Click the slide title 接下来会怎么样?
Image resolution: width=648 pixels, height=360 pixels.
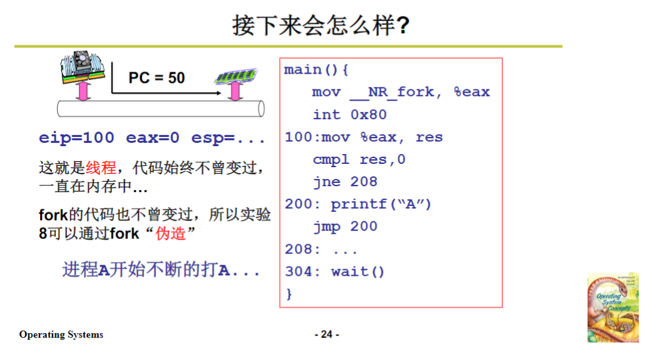pyautogui.click(x=321, y=26)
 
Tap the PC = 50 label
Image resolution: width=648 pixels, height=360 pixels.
pyautogui.click(x=157, y=78)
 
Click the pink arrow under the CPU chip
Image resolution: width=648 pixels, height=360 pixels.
pyautogui.click(x=82, y=91)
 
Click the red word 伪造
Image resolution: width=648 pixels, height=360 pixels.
pyautogui.click(x=172, y=233)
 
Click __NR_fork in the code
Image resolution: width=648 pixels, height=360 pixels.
pyautogui.click(x=395, y=92)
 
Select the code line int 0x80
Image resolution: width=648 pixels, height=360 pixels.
pyautogui.click(x=349, y=115)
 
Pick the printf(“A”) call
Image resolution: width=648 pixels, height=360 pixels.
pyautogui.click(x=381, y=204)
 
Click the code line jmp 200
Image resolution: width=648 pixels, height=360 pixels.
pyautogui.click(x=345, y=226)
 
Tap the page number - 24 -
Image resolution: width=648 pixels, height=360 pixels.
pyautogui.click(x=327, y=334)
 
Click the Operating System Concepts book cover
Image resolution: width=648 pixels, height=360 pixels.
pyautogui.click(x=612, y=308)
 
